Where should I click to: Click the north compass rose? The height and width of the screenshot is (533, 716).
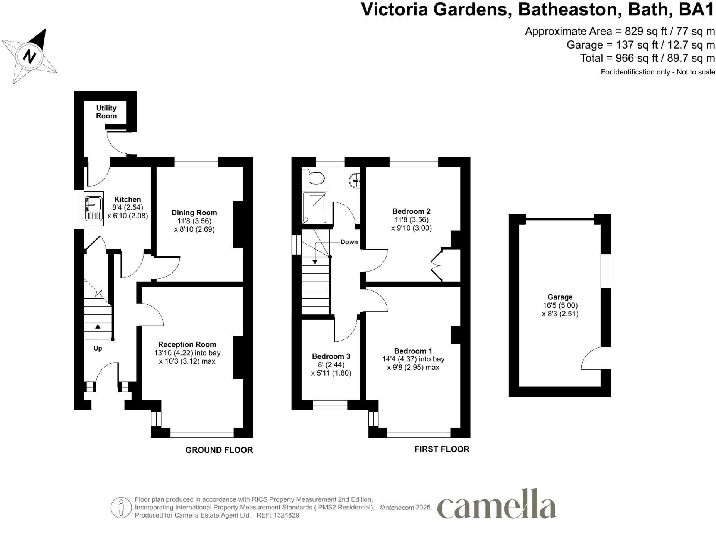point(29,56)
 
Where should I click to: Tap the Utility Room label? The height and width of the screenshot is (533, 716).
point(106,112)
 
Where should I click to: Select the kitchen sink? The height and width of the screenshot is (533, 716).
point(94,208)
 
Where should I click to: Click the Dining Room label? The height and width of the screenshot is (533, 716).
point(194,213)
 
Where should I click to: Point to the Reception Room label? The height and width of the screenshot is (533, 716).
point(187,344)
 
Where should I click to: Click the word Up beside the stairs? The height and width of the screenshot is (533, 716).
point(98,348)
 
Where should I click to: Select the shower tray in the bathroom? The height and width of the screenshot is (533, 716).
point(314,207)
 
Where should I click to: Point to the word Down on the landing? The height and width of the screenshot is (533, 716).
point(349,242)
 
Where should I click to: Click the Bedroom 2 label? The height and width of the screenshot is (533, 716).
point(411,211)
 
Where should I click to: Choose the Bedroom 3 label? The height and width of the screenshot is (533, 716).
point(331,356)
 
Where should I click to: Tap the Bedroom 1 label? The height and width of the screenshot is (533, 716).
point(413,351)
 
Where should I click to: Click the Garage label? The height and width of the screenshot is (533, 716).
point(560,297)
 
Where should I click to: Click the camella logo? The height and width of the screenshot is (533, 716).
point(496,504)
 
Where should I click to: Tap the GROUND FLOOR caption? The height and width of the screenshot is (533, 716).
point(219,450)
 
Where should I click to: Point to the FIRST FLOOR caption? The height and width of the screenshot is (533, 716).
point(442,449)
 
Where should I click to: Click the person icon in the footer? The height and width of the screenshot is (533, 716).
point(121,507)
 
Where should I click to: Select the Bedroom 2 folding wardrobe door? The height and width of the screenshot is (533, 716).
point(437,265)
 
